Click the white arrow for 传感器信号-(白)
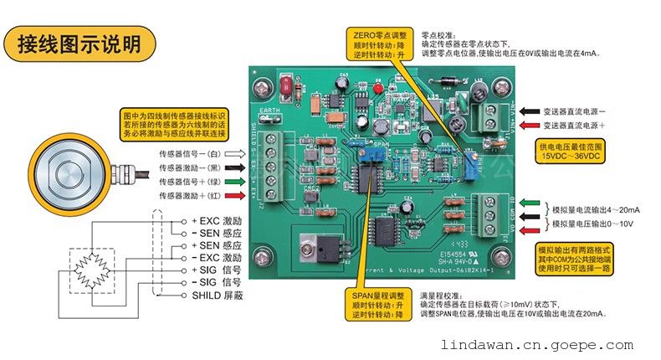click(x=237, y=154)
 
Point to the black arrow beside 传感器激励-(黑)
click(x=237, y=167)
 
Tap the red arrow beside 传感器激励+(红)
click(x=237, y=195)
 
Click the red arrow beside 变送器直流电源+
click(x=530, y=126)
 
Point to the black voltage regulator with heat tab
click(x=330, y=249)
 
